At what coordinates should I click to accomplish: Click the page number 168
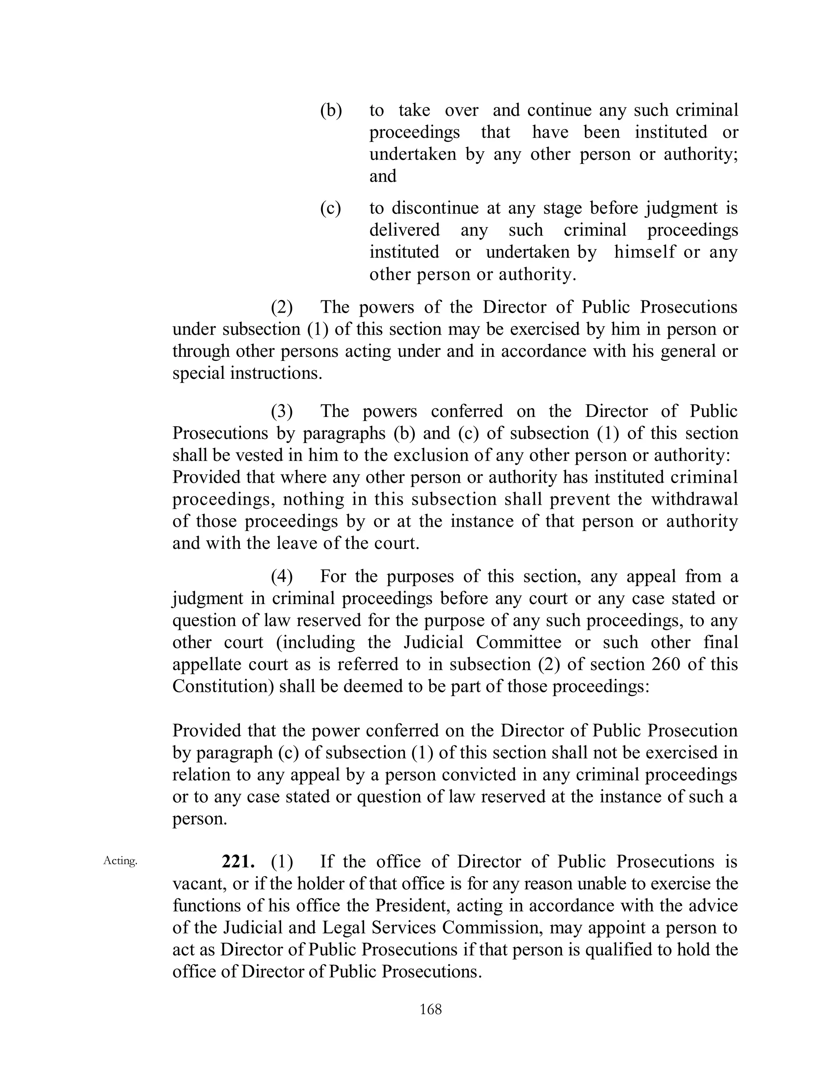[430, 1009]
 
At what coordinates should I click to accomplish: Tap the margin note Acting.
[120, 861]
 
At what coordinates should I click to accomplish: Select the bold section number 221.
[238, 861]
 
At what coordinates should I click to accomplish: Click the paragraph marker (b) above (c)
[331, 110]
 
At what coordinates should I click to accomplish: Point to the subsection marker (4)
[281, 576]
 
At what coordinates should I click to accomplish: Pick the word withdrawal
[694, 499]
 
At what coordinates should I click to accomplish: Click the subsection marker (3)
[281, 411]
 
